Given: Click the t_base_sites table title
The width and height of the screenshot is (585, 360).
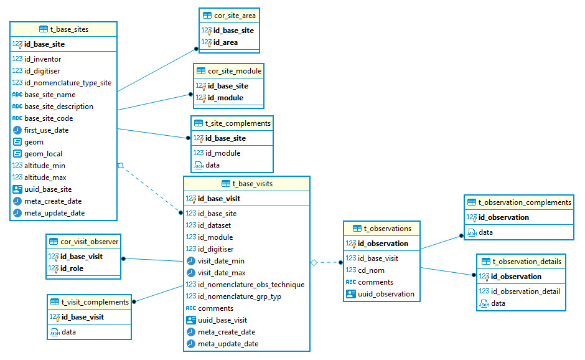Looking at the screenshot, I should point(68,29).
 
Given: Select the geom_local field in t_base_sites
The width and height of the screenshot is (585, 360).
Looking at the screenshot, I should point(43,154).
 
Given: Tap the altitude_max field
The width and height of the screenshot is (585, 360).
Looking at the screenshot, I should point(45,178).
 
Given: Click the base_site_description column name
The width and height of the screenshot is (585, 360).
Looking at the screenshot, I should point(58,107).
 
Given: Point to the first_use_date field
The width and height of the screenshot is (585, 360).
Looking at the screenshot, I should point(46,130).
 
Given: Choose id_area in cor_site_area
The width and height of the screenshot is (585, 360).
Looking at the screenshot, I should point(225,42).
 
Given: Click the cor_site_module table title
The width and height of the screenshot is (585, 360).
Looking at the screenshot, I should point(234,71).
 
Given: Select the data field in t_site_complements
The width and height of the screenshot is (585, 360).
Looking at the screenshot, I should point(212,165).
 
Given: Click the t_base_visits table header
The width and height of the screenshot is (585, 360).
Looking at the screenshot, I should point(252,184).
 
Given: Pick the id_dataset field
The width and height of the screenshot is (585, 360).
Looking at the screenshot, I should point(214,225).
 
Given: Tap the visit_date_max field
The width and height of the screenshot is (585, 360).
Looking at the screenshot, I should point(221,273).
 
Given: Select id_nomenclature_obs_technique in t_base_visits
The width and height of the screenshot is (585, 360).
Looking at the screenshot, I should point(251,285).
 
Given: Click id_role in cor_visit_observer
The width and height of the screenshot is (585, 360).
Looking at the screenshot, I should point(72,268).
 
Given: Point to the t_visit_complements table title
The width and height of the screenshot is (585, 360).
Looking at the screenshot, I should point(95,302).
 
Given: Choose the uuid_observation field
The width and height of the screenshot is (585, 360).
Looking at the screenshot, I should point(386,294).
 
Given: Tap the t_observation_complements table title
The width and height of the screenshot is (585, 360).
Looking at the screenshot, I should point(524,202).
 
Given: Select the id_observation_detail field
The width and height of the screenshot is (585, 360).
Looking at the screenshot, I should point(525,291).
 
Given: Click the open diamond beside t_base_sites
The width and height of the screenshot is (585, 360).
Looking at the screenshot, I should point(121,166).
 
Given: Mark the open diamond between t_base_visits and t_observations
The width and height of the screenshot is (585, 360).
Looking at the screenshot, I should point(314,263).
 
